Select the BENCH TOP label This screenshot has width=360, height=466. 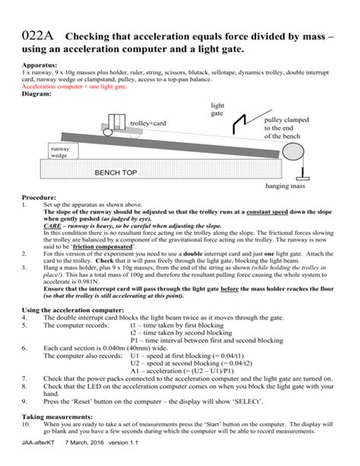tap(115, 173)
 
